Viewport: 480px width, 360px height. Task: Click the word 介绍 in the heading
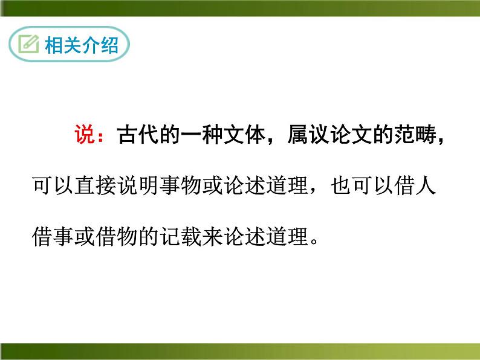[x=100, y=45]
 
